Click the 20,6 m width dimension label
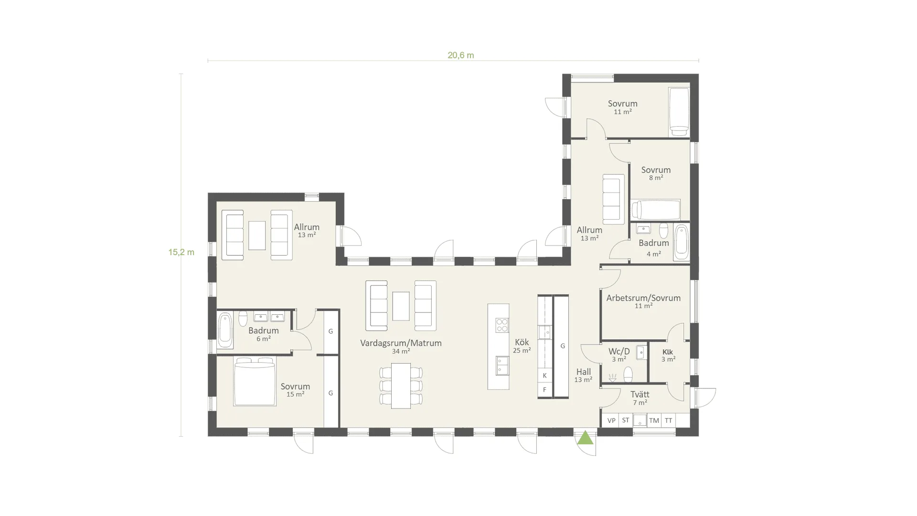click(x=460, y=55)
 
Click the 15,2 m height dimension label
click(x=181, y=252)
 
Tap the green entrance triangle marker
click(x=585, y=438)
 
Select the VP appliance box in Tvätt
click(x=611, y=420)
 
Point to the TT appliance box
click(x=669, y=420)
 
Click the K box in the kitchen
click(x=544, y=376)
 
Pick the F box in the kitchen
click(x=544, y=390)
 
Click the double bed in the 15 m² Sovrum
click(x=255, y=381)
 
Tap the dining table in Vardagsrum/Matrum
click(x=401, y=386)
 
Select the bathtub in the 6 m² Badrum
click(x=225, y=331)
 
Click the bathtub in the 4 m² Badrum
click(x=681, y=243)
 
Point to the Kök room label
click(x=522, y=343)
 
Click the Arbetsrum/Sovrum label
click(x=643, y=298)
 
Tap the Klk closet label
click(x=668, y=352)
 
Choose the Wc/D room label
click(x=619, y=352)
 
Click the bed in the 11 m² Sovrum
click(x=679, y=111)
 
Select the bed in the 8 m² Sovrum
click(x=656, y=210)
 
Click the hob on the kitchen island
click(x=502, y=325)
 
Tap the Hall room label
click(x=584, y=372)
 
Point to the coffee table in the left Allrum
click(x=257, y=235)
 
